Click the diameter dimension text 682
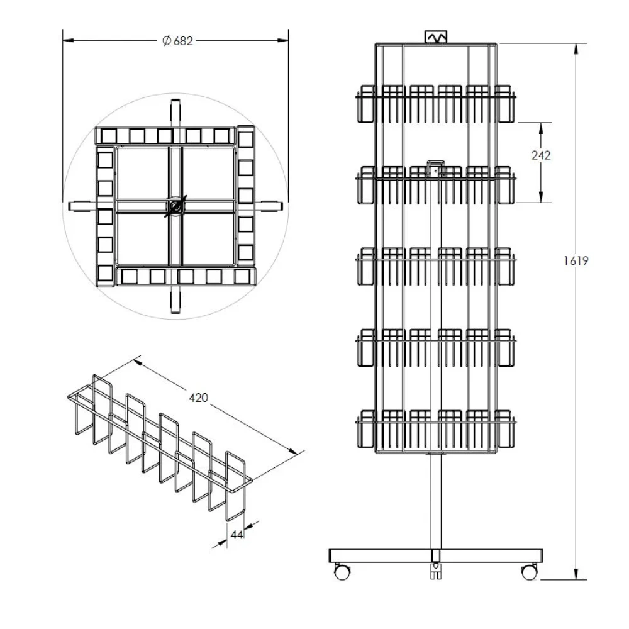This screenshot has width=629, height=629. tap(182, 41)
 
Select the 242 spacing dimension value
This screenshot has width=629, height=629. tap(540, 155)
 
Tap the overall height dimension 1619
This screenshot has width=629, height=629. tap(576, 260)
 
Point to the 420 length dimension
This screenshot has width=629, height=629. tap(198, 397)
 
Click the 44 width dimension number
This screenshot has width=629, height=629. tap(237, 534)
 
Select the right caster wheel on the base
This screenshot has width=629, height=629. tap(530, 572)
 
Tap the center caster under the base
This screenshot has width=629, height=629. tap(435, 571)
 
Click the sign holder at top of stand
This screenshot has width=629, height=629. tap(436, 37)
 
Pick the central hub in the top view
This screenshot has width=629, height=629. tap(175, 206)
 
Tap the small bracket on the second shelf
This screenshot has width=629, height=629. tap(435, 168)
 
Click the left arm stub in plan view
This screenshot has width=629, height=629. tap(80, 205)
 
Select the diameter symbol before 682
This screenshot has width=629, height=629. tap(166, 41)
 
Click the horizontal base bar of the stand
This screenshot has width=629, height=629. tap(435, 555)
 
